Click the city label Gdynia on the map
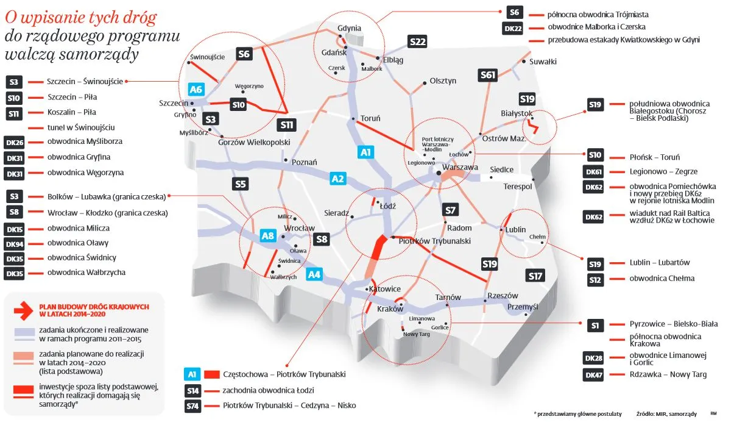(350, 28)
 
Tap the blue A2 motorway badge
(338, 179)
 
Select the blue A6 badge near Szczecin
(196, 90)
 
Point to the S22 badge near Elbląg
(417, 42)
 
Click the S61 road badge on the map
(488, 75)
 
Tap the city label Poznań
(305, 162)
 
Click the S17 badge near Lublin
(535, 276)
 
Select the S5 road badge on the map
(241, 184)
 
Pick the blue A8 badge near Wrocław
(267, 235)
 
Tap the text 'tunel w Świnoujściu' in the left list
(81, 127)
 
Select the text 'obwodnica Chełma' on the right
(662, 279)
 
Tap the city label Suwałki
(543, 62)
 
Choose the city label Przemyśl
(523, 307)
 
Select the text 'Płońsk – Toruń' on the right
(655, 157)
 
